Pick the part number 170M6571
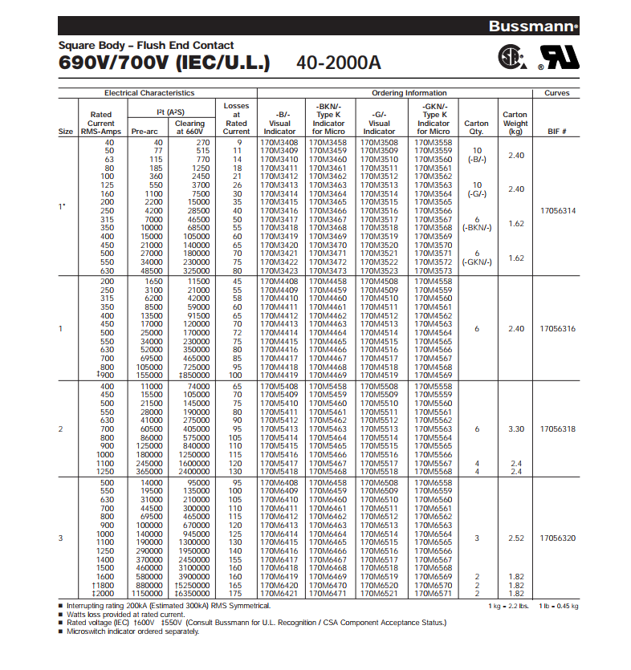tap(434, 593)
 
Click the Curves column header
tap(556, 93)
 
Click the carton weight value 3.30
tap(515, 429)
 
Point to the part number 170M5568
tap(434, 472)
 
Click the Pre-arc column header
tap(145, 131)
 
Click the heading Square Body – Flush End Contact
tap(146, 45)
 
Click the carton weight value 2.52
tap(515, 538)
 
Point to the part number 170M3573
tap(434, 270)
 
